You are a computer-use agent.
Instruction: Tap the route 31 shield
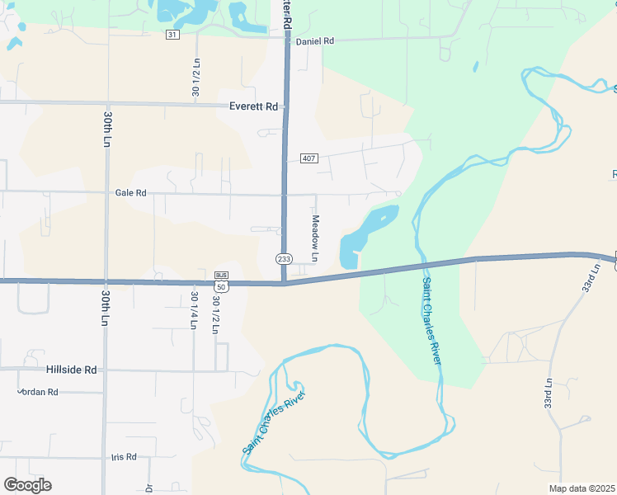pyautogui.click(x=172, y=34)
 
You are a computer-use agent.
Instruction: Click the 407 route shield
pyautogui.click(x=308, y=158)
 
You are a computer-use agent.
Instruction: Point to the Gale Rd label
pyautogui.click(x=130, y=193)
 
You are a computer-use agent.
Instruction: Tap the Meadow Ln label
pyautogui.click(x=314, y=233)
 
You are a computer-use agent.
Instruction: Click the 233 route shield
pyautogui.click(x=283, y=259)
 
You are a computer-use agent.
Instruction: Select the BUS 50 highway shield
pyautogui.click(x=221, y=281)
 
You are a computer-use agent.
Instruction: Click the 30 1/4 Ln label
pyautogui.click(x=195, y=311)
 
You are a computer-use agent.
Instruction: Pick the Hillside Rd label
pyautogui.click(x=73, y=370)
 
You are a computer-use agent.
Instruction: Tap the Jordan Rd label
pyautogui.click(x=38, y=392)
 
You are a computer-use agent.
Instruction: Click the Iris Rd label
pyautogui.click(x=123, y=456)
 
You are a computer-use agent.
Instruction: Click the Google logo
pyautogui.click(x=27, y=485)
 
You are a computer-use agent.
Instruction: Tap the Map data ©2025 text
pyautogui.click(x=582, y=488)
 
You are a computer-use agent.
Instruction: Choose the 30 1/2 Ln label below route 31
pyautogui.click(x=195, y=78)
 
